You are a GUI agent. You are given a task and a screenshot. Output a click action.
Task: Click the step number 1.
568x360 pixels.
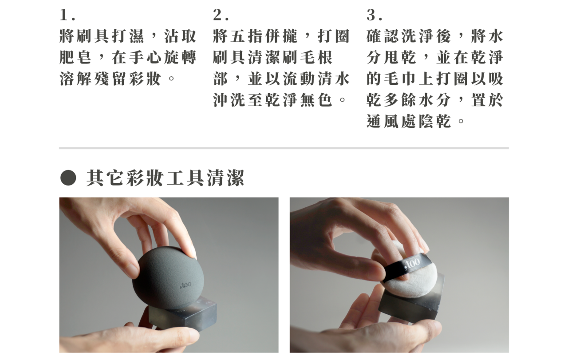tap(67, 15)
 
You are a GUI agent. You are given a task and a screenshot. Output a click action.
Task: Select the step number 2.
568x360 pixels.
tap(221, 15)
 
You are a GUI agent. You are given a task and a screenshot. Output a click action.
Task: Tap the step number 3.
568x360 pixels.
tap(374, 15)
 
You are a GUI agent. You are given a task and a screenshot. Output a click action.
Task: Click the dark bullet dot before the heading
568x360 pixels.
tap(68, 178)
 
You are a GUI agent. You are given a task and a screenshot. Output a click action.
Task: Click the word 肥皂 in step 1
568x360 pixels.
tap(75, 57)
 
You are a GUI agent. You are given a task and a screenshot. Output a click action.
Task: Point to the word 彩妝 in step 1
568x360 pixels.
tap(145, 79)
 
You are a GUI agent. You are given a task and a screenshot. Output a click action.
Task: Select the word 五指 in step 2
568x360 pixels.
tap(247, 36)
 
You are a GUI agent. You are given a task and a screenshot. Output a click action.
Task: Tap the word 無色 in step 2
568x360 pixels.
tap(316, 100)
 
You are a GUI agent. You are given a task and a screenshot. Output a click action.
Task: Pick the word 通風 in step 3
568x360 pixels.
tap(383, 121)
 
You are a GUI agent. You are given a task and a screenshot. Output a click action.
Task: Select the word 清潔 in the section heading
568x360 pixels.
tap(225, 178)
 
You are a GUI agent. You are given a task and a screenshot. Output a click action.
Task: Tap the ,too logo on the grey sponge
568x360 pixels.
tap(185, 285)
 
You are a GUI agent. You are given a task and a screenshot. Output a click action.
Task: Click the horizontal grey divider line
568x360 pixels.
tap(284, 148)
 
